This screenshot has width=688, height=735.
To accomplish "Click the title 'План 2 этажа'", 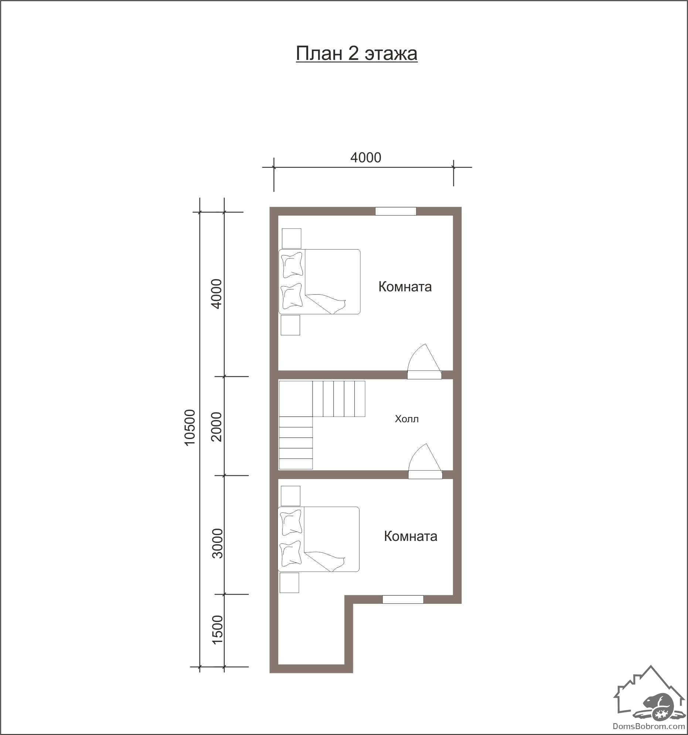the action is pos(357,54).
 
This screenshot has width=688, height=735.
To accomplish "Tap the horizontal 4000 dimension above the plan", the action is pos(365,157).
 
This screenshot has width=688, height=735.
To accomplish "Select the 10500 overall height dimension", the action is pos(190,427).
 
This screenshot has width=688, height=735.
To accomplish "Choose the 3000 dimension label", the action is pos(218,543).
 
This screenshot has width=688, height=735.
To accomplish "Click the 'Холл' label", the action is pos(407,419).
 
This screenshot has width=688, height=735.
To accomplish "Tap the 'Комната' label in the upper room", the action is pos(405,287).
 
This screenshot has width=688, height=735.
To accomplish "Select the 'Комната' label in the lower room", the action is pos(411,536).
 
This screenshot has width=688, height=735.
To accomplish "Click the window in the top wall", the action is pos(396,211).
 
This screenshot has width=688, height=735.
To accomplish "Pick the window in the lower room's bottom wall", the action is pos(403,599).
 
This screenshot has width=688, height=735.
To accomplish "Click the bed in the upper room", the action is pos(319,282).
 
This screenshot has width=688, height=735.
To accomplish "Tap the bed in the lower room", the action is pos(319,539).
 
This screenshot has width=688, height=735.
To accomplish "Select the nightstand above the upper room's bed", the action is pos(292,238).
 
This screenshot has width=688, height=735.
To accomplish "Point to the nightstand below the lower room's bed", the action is pos(289,583).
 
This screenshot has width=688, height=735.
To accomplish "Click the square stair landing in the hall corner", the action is pos(296,399).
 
